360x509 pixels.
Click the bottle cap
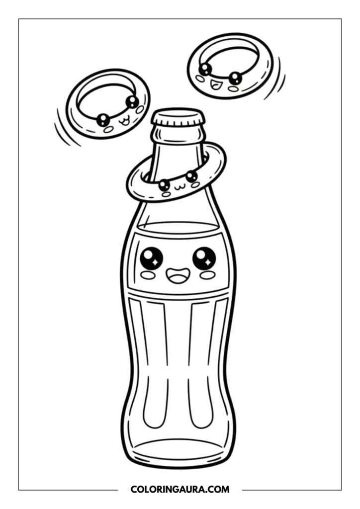coord(178,118)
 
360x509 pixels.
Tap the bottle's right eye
coord(204,257)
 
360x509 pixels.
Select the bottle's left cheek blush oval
coord(147,274)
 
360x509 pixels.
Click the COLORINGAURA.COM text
coord(180,490)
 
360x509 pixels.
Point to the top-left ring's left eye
coord(103,119)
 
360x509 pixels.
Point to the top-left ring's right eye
coord(132,101)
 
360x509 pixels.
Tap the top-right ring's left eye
coord(205,69)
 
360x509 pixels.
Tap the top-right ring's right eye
coord(236,78)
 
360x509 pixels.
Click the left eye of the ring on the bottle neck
coord(164,185)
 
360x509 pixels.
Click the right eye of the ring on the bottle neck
coord(191,176)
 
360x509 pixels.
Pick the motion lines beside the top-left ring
coord(66,128)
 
